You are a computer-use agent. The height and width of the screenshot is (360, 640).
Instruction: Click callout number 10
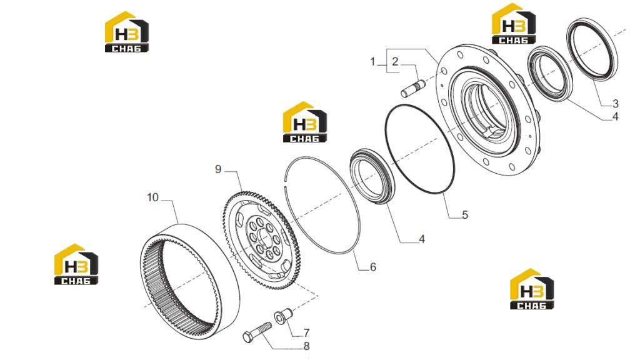(x=152, y=197)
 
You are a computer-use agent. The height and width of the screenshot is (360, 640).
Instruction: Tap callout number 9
(x=218, y=169)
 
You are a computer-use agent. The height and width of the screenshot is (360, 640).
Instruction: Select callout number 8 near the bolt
(x=306, y=346)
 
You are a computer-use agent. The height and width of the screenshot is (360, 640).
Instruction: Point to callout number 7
(x=306, y=333)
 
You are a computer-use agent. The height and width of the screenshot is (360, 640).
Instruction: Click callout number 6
(x=372, y=267)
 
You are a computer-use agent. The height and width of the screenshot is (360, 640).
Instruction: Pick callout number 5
(x=465, y=215)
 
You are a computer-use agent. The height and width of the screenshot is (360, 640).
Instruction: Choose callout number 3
(x=616, y=104)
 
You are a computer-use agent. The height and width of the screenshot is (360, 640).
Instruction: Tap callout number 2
(x=395, y=62)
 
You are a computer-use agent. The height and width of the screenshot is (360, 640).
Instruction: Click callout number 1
(x=372, y=62)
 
